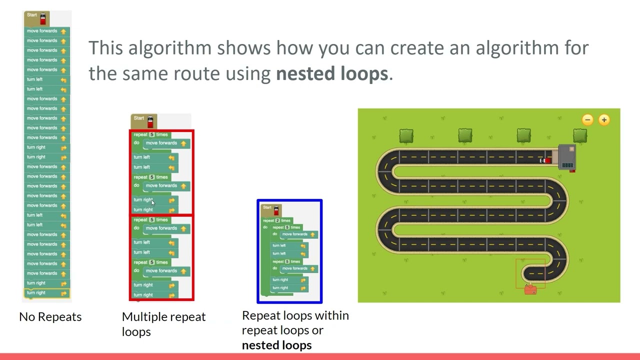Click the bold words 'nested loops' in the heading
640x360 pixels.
tap(331, 73)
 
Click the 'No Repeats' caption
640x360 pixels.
tap(50, 317)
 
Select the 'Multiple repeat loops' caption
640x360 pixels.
tap(163, 324)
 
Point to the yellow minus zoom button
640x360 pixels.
tap(587, 119)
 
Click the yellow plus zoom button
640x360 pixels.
tap(604, 119)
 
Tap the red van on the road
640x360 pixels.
tap(546, 160)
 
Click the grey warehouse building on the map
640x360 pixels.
tap(566, 157)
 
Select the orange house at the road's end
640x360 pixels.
tap(530, 289)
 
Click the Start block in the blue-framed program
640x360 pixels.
tap(271, 209)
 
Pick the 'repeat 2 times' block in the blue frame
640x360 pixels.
tap(276, 220)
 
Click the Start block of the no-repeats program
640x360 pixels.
tap(36, 17)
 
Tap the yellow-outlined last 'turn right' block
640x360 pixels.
tap(46, 293)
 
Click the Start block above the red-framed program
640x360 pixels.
tap(143, 120)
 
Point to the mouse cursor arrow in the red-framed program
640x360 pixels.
tap(153, 202)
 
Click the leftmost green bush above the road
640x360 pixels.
tap(406, 136)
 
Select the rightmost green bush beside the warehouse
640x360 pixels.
tap(580, 135)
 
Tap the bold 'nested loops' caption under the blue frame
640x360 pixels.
tap(276, 345)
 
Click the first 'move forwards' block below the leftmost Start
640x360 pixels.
tap(46, 31)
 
